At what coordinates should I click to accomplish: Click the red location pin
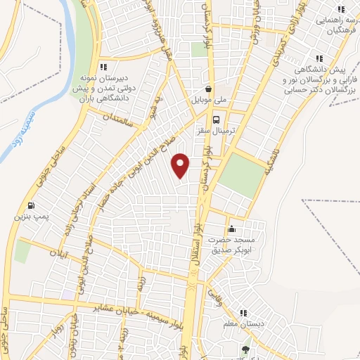click(x=181, y=165)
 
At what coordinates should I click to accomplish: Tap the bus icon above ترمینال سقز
click(x=217, y=120)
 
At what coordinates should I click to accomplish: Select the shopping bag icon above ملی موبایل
click(x=209, y=89)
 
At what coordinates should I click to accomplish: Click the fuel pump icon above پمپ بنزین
click(x=30, y=205)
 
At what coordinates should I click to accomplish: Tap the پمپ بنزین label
click(x=27, y=217)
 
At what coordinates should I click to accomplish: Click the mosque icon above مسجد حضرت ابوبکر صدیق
click(x=232, y=229)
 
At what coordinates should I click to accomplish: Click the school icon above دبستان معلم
click(x=243, y=313)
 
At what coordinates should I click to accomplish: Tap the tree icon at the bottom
click(x=245, y=349)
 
